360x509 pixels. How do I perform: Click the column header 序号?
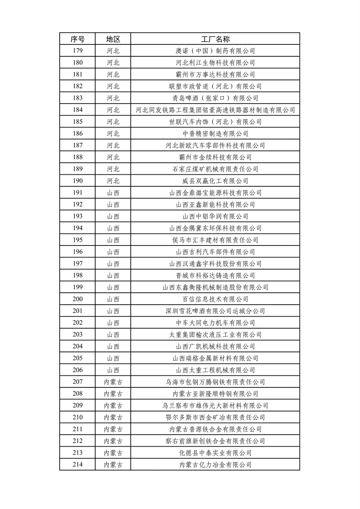point(78,39)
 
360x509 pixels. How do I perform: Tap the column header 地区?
point(113,39)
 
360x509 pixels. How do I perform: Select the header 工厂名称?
point(215,39)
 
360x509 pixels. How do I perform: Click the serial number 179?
point(78,51)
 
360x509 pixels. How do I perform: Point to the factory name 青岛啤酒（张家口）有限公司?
point(215,98)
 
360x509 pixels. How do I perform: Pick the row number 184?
point(78,110)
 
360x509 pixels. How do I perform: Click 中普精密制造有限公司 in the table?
point(215,134)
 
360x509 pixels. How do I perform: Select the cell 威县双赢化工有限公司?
point(215,181)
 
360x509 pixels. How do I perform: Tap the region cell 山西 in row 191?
point(113,193)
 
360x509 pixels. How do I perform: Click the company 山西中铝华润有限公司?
point(215,216)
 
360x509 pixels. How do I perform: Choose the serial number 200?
point(78,299)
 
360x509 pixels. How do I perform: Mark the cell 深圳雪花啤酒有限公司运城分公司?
point(215,311)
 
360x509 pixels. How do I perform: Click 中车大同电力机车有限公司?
point(215,323)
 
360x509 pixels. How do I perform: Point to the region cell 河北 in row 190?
point(113,181)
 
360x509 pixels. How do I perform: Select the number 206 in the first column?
point(78,370)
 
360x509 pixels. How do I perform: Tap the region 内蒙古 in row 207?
point(113,382)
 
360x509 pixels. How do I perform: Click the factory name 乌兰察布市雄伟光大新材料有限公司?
point(215,405)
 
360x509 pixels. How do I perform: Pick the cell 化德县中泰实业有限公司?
point(215,453)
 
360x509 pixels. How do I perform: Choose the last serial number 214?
point(78,465)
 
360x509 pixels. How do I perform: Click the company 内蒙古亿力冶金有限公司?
point(215,465)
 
